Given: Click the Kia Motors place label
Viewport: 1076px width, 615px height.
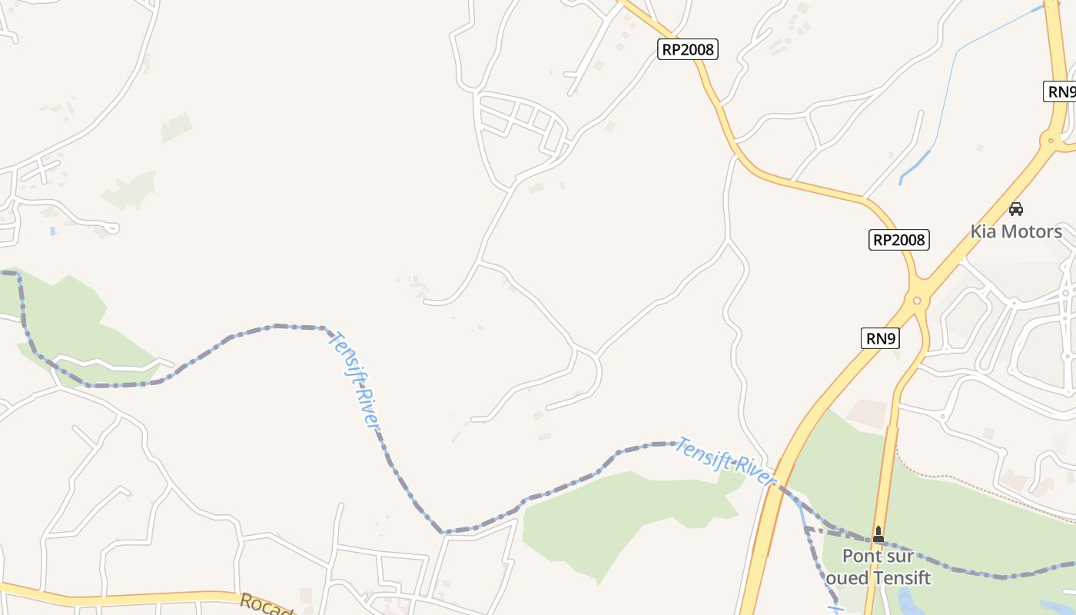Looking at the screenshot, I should pos(1016,231).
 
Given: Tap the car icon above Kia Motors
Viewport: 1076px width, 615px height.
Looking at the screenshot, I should pos(1016,208).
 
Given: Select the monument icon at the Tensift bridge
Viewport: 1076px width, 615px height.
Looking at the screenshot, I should pos(878,534).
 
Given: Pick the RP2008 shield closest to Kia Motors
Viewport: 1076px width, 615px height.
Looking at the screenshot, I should pos(899,240).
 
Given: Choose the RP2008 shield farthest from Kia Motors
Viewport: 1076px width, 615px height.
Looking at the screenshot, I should pos(688,50).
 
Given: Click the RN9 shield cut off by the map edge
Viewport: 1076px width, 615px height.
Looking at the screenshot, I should pos(1061,91).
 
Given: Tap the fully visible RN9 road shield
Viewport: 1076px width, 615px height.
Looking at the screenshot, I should pos(880,338).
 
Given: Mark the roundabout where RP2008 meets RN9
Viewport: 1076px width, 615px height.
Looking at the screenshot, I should pos(916,300).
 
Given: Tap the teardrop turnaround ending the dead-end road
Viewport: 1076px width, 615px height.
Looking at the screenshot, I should pos(111,228).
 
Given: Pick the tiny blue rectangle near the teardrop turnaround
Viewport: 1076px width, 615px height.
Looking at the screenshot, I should pos(52,231).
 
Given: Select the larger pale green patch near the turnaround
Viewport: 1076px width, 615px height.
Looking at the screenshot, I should pos(131,190).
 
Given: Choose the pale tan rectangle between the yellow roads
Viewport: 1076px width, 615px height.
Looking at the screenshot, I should pos(866,414).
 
